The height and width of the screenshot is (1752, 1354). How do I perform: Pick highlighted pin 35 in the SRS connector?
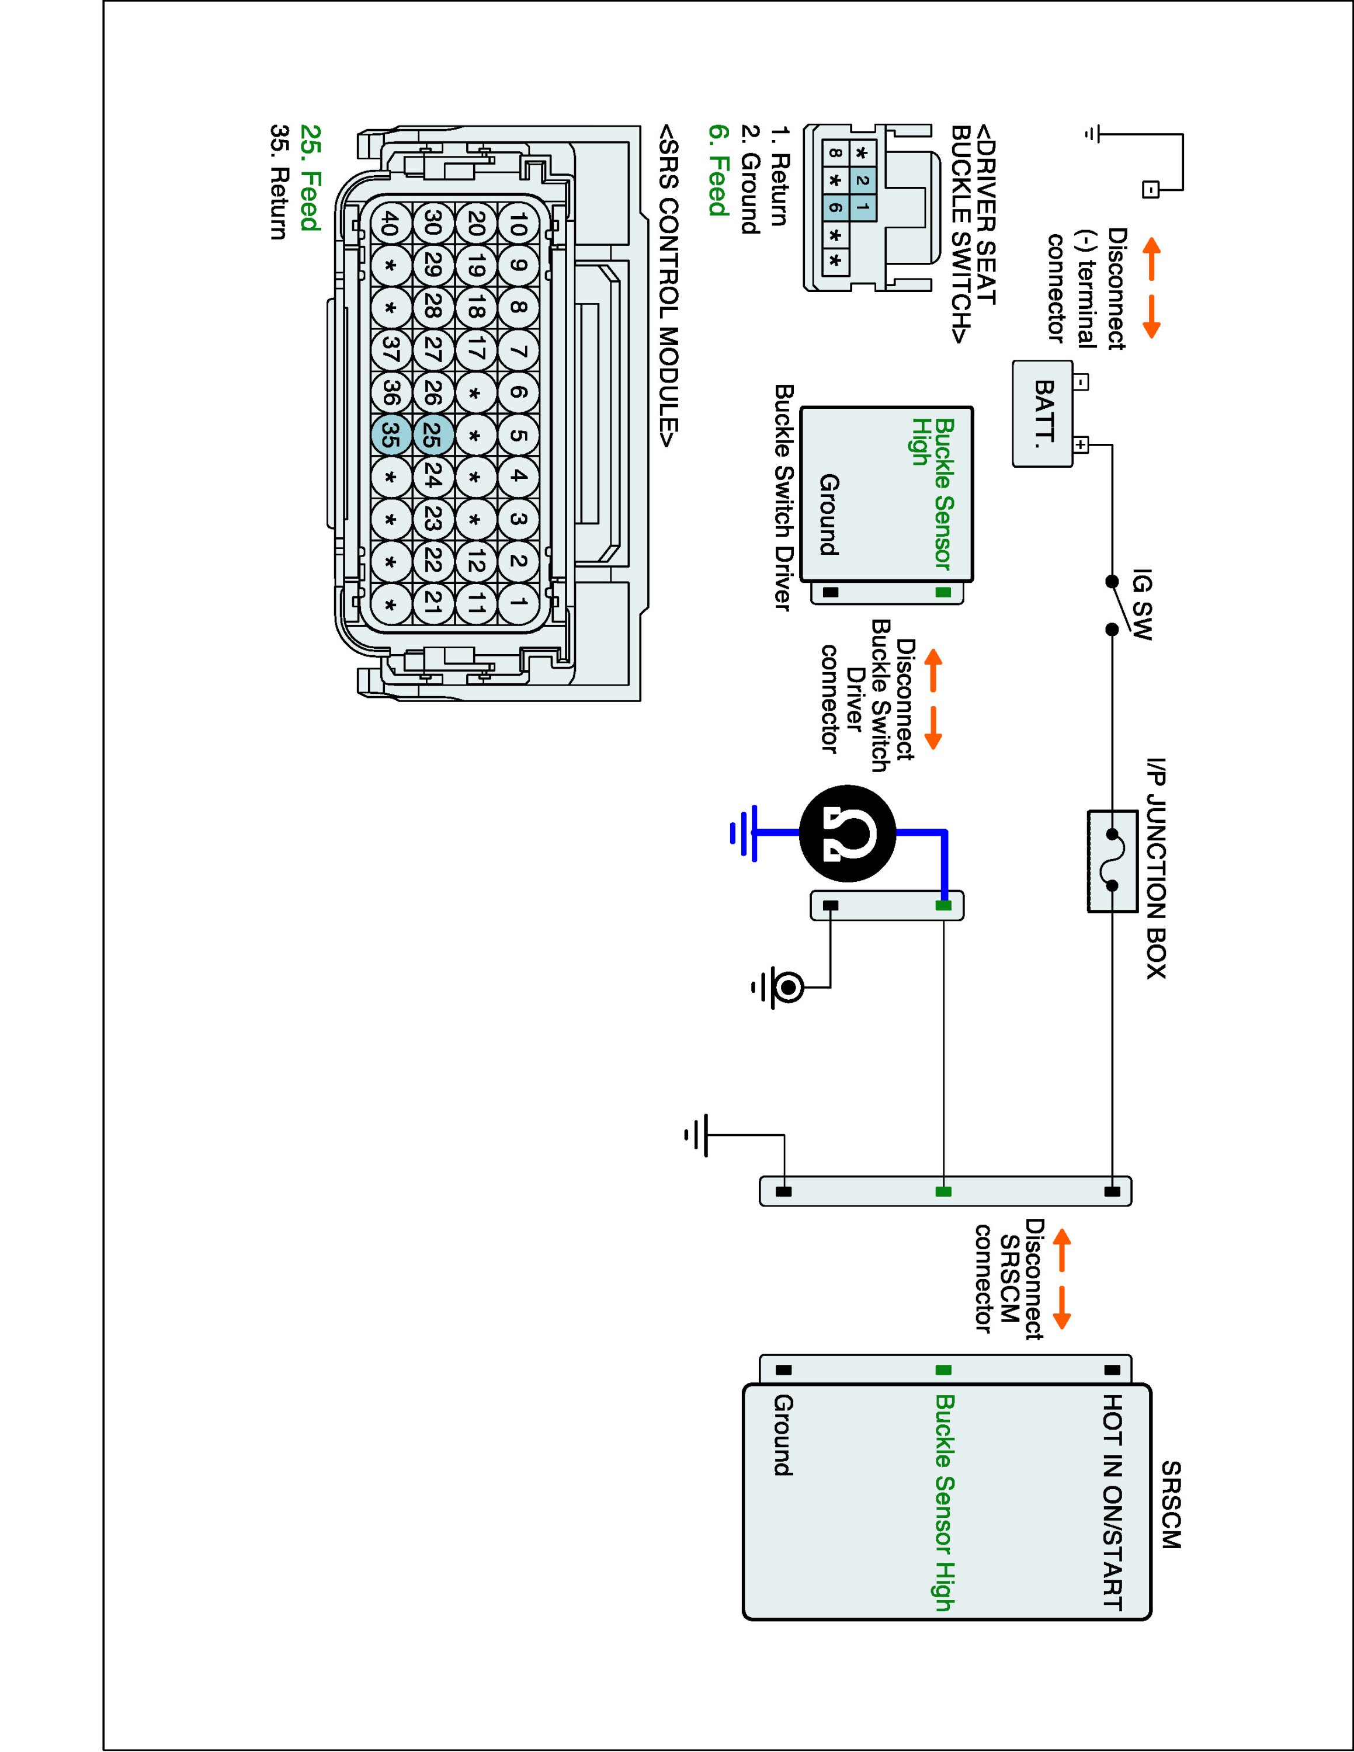391,435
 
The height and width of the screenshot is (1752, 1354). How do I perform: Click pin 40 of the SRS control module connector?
391,222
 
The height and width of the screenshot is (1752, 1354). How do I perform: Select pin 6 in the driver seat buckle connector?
836,208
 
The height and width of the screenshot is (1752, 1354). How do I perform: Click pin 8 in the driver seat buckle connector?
836,153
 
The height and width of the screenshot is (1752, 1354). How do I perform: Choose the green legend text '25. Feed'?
310,178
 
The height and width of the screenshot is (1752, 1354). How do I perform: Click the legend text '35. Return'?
279,182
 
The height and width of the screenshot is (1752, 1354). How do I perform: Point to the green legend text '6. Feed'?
718,170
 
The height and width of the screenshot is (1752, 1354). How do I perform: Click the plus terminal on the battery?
1081,444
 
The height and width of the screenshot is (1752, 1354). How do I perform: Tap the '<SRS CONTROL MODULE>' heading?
668,286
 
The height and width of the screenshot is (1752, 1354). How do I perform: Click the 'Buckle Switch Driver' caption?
783,498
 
